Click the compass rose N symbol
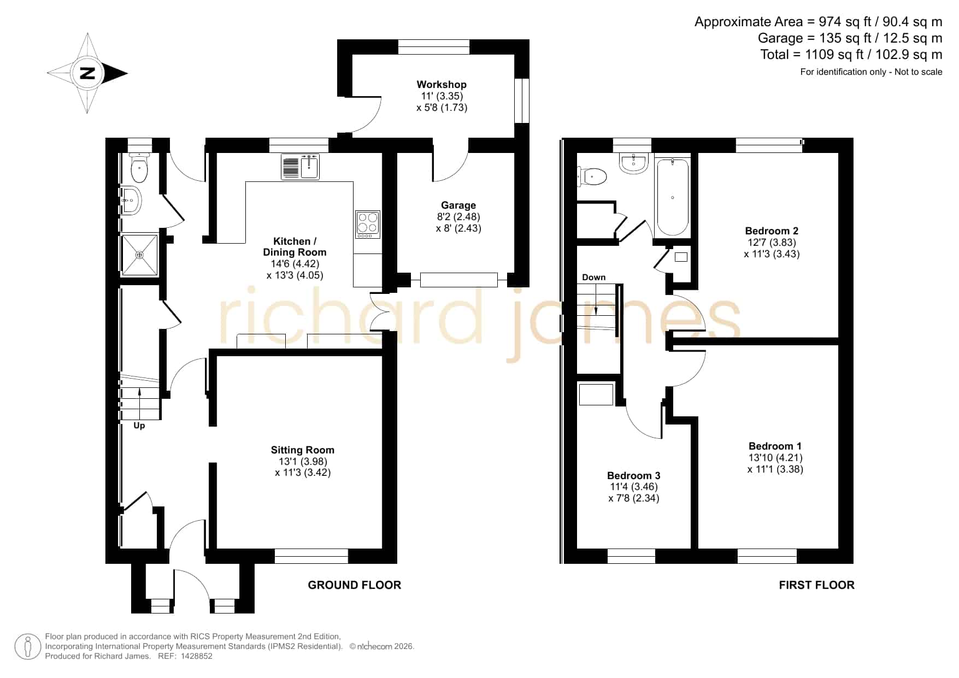pos(87,73)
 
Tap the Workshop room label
pos(442,85)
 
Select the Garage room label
pos(458,205)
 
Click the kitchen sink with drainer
pos(300,167)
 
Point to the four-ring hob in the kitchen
pos(368,225)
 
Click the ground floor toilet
pos(139,167)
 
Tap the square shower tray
pos(139,255)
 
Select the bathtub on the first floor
pos(672,197)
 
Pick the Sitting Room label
pos(303,450)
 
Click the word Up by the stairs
pos(139,426)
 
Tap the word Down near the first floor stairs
pos(594,278)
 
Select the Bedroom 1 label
pos(775,446)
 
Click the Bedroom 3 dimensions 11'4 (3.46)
pos(634,487)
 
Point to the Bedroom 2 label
pos(772,231)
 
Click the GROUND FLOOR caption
pos(355,585)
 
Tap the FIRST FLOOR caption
pos(816,585)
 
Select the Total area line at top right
pos(851,55)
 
